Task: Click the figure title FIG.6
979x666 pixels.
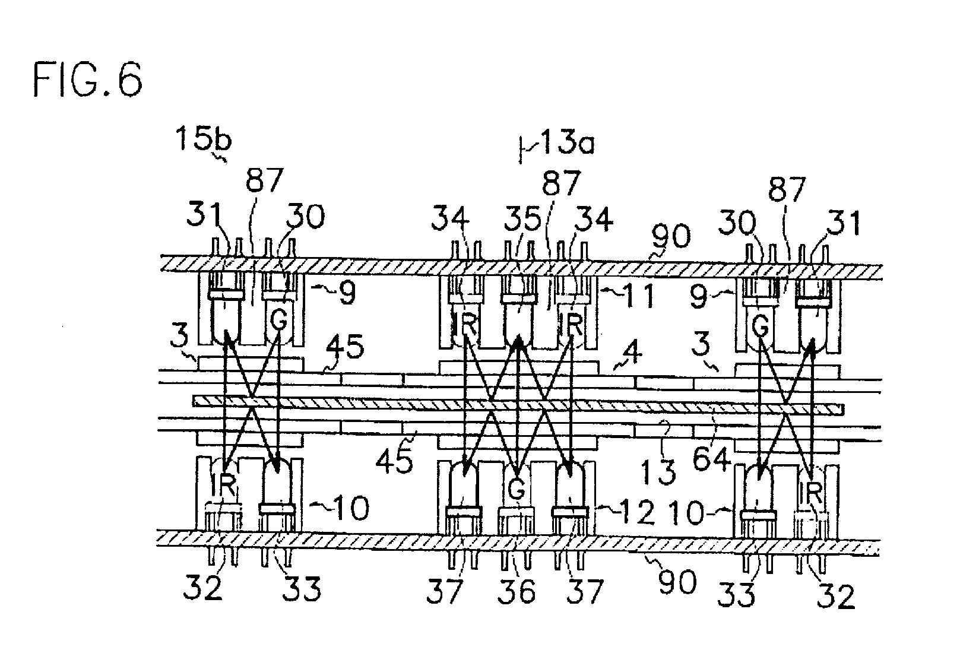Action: (x=87, y=80)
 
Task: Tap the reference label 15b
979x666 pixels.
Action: (x=203, y=139)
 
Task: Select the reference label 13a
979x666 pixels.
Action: (x=568, y=142)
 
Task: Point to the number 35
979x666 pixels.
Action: (x=522, y=219)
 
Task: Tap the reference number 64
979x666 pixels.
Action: (x=712, y=459)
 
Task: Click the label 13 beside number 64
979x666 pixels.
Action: (x=658, y=472)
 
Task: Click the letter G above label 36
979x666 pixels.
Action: (x=517, y=489)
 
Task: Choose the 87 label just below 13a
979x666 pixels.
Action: (x=561, y=183)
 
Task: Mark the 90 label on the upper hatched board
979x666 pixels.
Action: (x=671, y=236)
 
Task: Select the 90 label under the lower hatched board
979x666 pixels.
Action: (x=677, y=582)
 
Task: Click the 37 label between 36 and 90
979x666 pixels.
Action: (x=585, y=592)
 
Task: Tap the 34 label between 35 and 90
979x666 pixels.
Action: (x=594, y=219)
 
